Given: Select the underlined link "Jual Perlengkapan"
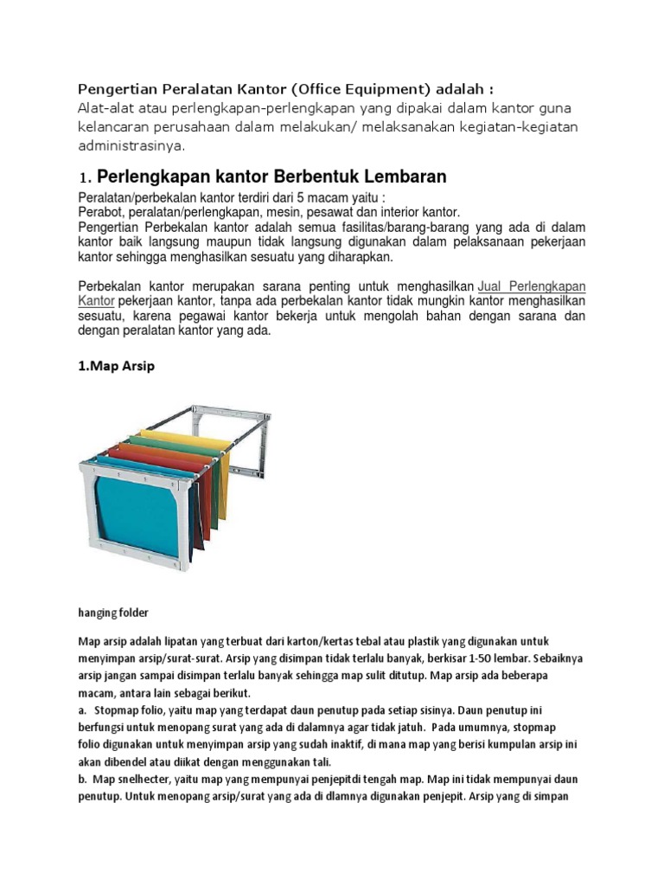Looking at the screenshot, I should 531,286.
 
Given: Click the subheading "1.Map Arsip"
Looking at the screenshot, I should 117,366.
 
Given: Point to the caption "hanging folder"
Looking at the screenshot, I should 113,613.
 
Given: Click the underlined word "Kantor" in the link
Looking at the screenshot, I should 97,300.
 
